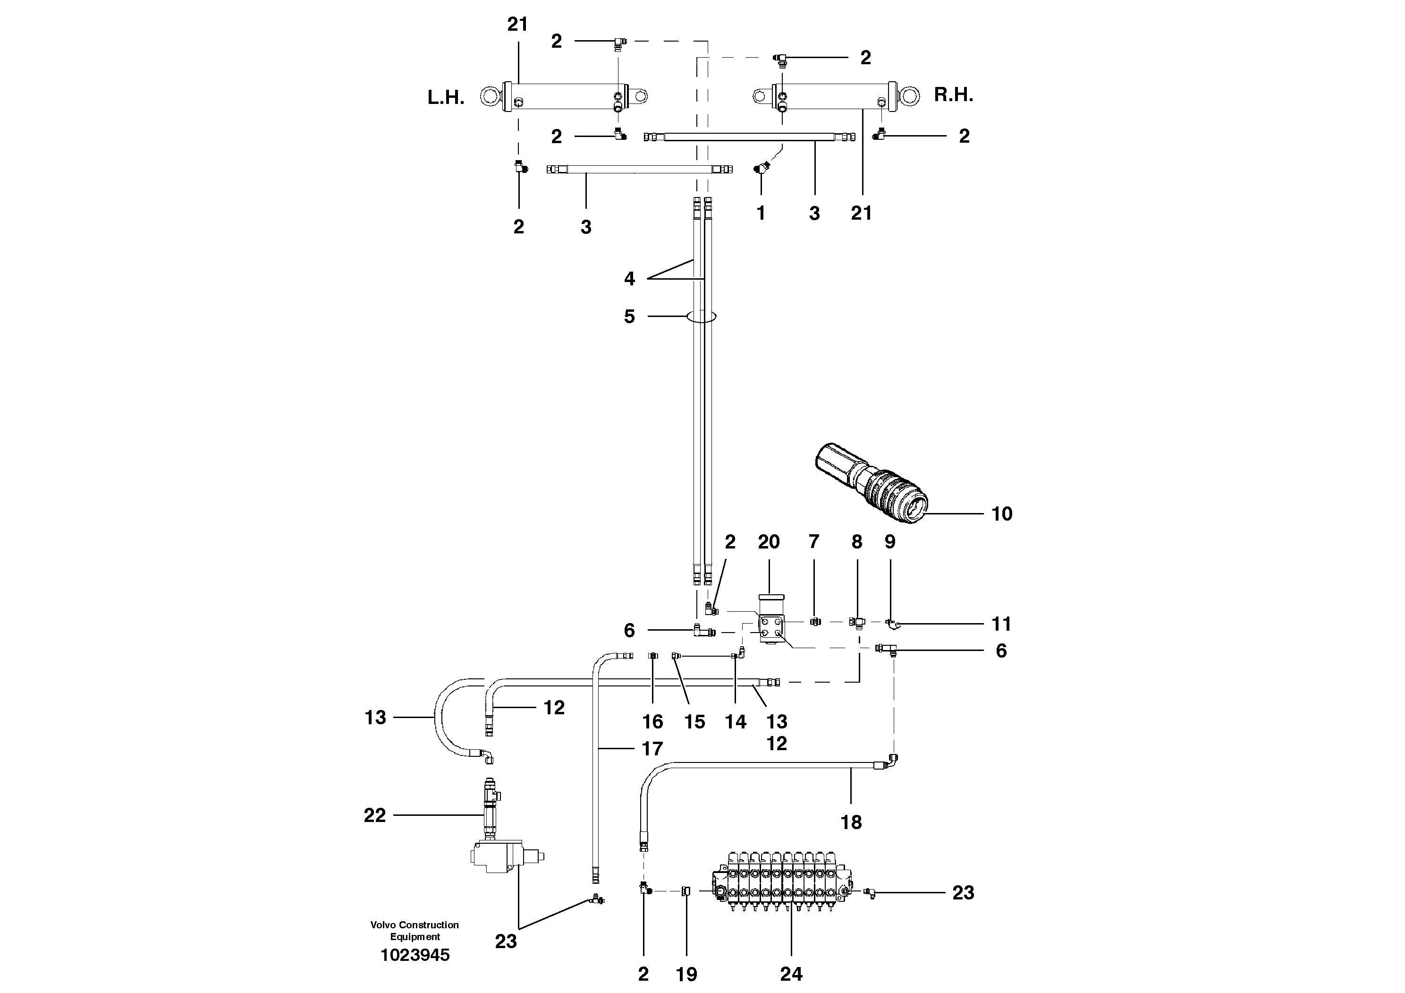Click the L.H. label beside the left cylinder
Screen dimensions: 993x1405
(x=446, y=98)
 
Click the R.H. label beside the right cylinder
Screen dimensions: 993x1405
(x=953, y=95)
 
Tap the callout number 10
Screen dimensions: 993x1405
(x=1002, y=514)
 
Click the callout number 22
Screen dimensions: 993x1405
(x=374, y=815)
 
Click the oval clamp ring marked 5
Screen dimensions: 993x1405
(x=701, y=317)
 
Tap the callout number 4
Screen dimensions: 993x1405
(x=629, y=279)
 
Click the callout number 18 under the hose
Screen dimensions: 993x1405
(x=851, y=822)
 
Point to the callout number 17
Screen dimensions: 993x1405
(x=652, y=748)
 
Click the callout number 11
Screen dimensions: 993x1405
(x=1001, y=624)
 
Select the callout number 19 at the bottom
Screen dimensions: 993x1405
(x=686, y=974)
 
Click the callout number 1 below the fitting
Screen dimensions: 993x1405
(x=761, y=213)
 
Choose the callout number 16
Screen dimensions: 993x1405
(x=652, y=721)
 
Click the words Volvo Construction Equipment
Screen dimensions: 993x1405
(x=415, y=931)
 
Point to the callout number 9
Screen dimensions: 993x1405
(x=890, y=541)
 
